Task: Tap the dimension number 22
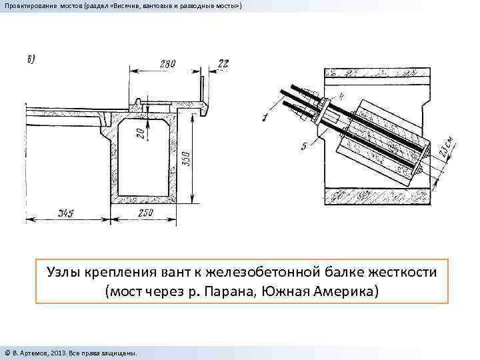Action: [223, 64]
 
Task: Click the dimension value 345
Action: [65, 214]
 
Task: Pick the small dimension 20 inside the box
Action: [140, 133]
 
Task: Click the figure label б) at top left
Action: [31, 59]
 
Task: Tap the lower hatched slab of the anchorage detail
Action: [373, 196]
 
